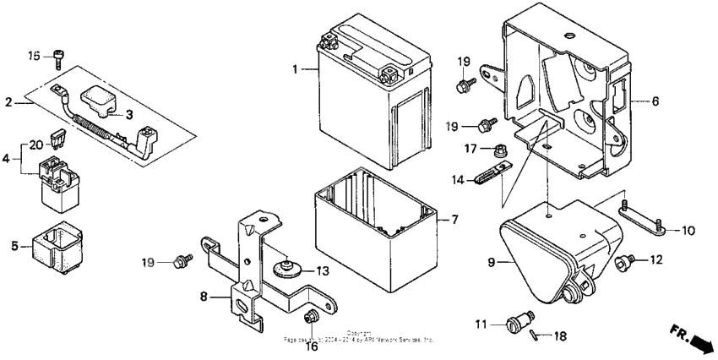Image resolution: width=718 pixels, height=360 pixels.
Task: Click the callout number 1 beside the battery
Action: (x=296, y=69)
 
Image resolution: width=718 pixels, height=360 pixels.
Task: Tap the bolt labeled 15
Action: (x=59, y=57)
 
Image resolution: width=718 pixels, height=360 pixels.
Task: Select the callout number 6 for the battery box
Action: (x=655, y=101)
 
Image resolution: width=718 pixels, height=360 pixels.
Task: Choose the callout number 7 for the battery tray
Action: (x=454, y=220)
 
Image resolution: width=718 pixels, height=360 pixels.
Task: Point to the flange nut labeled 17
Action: (x=499, y=152)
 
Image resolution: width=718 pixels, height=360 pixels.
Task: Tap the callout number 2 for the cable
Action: (x=8, y=103)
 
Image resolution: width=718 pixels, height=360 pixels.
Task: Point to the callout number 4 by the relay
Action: (x=8, y=157)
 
